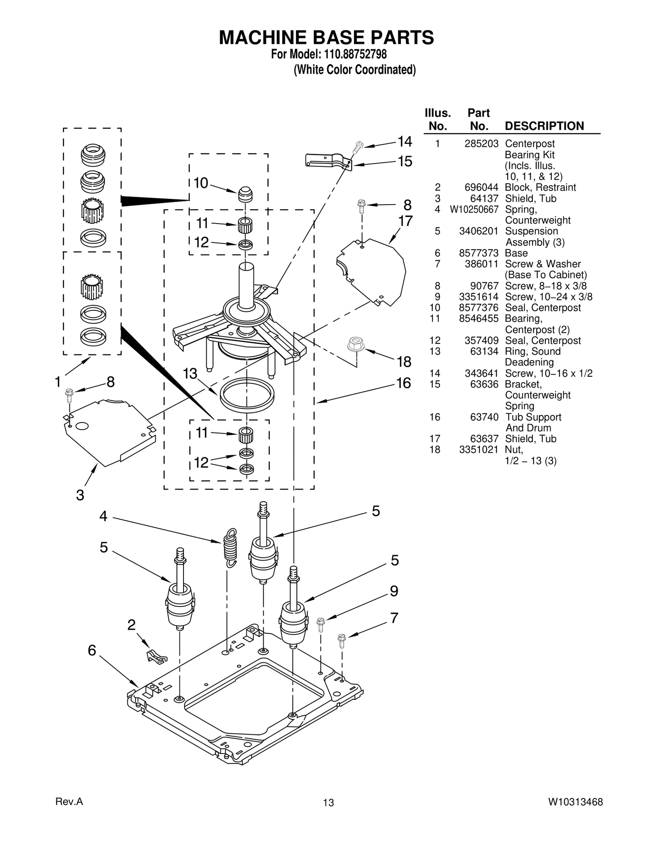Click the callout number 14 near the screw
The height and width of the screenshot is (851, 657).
click(405, 142)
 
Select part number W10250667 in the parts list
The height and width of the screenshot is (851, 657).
click(474, 210)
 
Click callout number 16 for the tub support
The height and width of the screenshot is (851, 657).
click(403, 383)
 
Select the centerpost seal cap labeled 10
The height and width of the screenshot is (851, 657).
click(245, 194)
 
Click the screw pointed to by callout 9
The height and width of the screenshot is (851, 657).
click(321, 625)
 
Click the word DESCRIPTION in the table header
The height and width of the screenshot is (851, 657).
click(544, 126)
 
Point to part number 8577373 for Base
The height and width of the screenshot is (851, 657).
click(478, 253)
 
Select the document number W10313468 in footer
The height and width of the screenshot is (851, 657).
click(575, 802)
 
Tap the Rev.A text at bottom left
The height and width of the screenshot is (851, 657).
click(69, 801)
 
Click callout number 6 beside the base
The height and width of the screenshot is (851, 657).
click(92, 650)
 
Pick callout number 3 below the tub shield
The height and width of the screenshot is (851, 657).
click(80, 495)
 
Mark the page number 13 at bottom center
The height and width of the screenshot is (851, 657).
click(328, 803)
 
